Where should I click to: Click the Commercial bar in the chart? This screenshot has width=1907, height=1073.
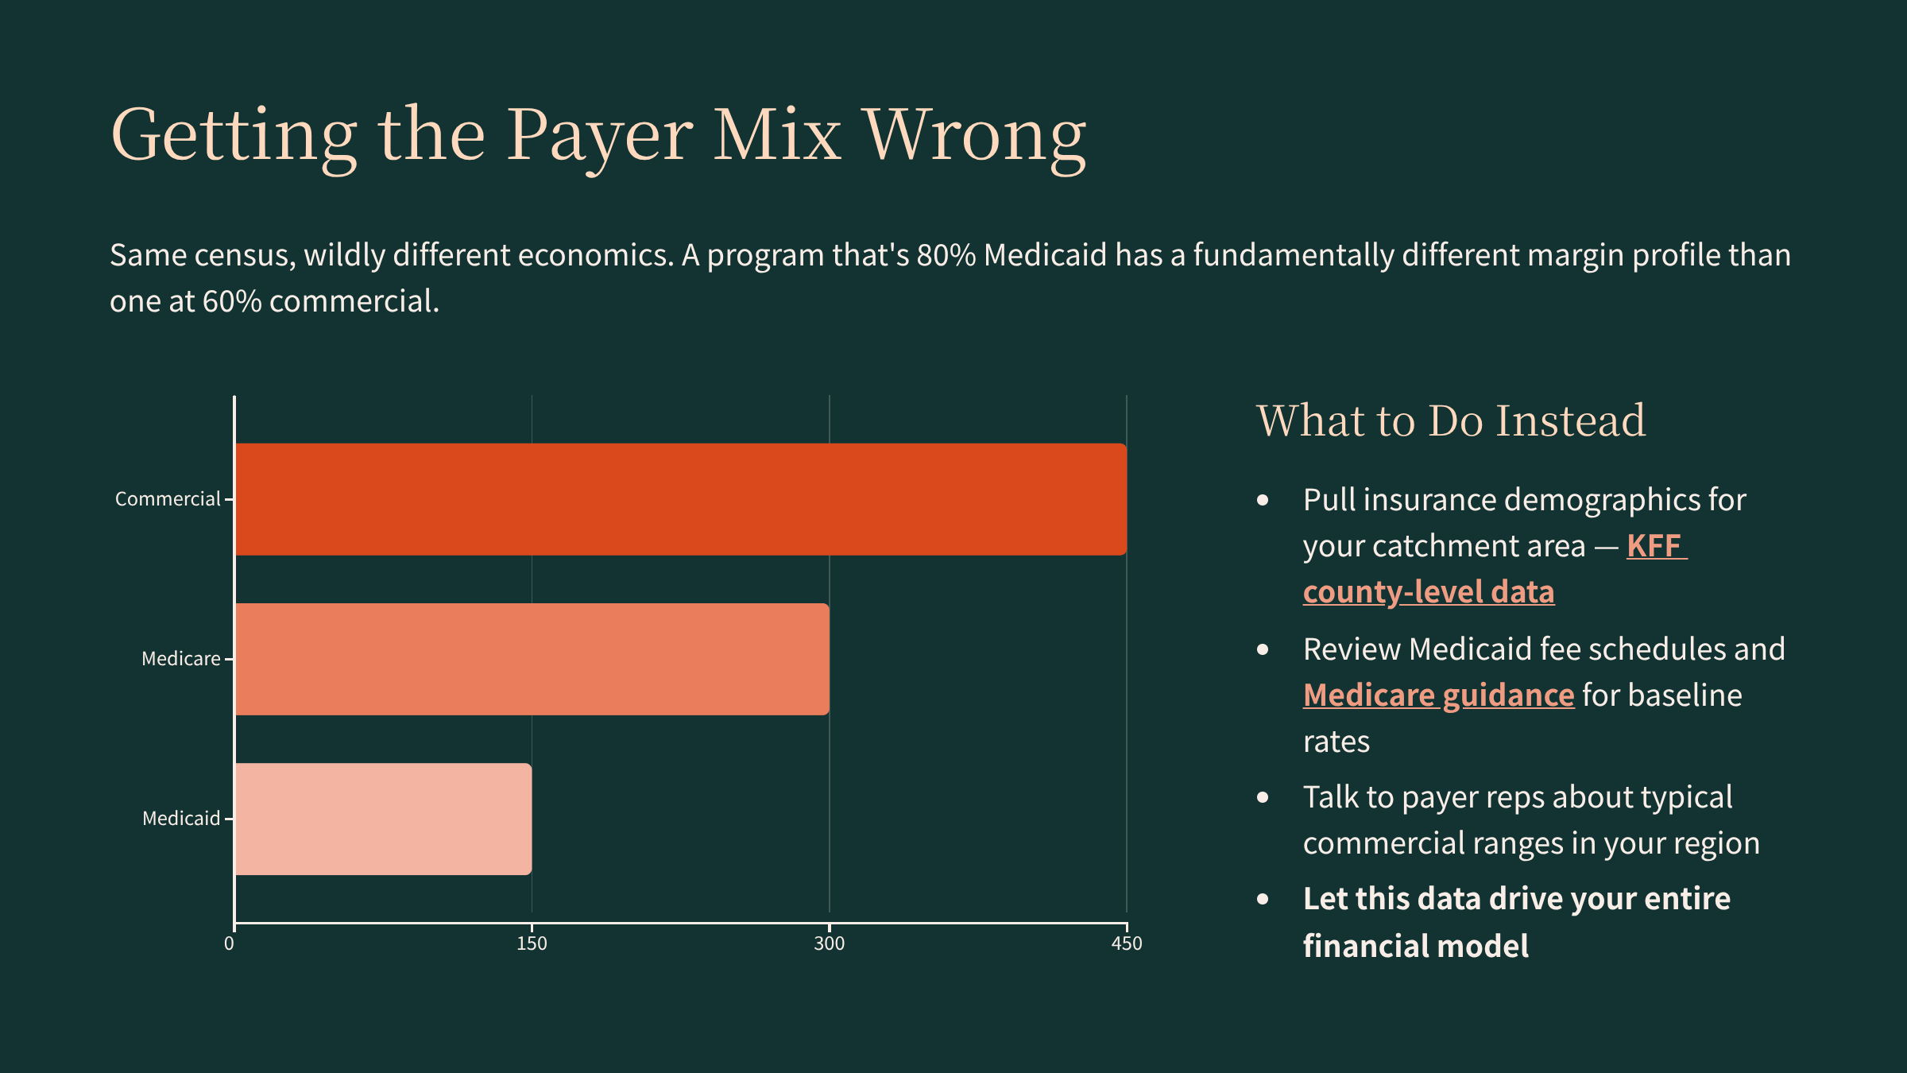point(680,499)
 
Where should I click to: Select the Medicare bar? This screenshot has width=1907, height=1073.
point(532,659)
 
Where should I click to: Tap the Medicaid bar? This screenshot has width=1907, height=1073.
point(383,819)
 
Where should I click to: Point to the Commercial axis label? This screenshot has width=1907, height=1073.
point(168,499)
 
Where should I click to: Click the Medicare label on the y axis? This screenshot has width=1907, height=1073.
point(180,659)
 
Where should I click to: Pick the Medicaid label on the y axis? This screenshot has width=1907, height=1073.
point(180,819)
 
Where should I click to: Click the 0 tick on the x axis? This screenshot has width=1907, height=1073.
point(230,943)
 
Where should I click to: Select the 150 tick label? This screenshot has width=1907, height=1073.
point(532,943)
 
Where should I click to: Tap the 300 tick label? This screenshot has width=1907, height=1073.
point(829,943)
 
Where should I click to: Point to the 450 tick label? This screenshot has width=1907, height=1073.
point(1127,943)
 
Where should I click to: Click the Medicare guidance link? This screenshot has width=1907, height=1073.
point(1438,695)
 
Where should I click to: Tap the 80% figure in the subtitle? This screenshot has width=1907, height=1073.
point(946,255)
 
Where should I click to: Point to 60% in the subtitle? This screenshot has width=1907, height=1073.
point(232,301)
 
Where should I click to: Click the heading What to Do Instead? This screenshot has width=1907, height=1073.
point(1451,420)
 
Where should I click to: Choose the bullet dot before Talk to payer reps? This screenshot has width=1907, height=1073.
point(1263,797)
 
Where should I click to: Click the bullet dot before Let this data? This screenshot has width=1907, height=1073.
point(1263,899)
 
